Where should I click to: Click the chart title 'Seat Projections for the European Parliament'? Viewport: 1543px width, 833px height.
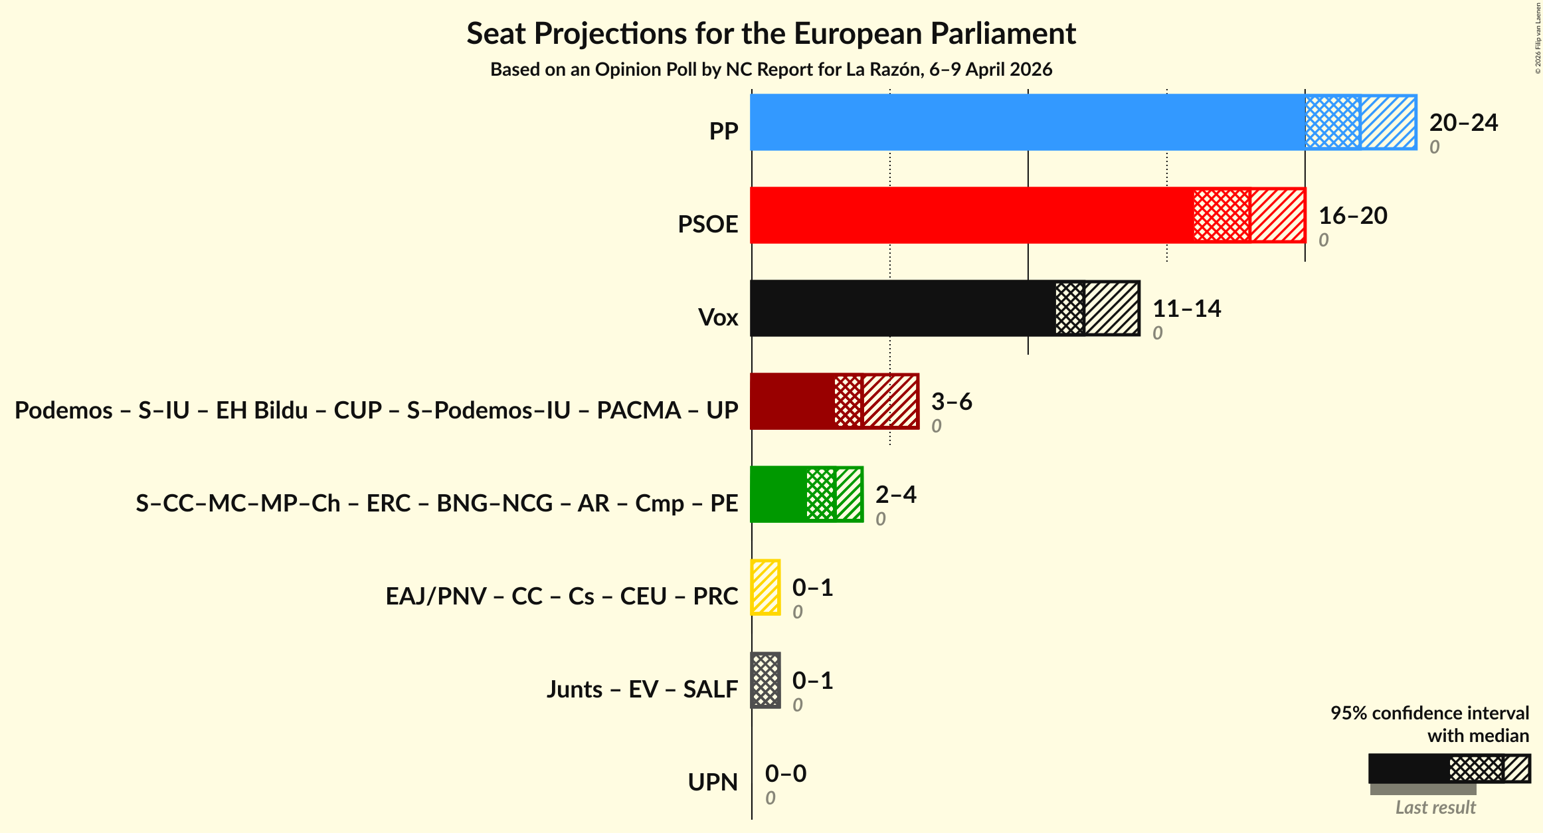(x=771, y=34)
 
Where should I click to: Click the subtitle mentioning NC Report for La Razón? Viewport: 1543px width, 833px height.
(x=771, y=70)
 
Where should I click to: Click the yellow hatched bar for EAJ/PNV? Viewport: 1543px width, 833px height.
(x=765, y=587)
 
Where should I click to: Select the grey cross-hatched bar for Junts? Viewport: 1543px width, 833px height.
(x=765, y=680)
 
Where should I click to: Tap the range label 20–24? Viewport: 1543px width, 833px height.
(x=1463, y=123)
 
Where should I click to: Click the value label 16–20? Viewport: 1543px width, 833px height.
(x=1352, y=216)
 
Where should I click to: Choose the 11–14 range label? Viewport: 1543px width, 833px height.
(x=1186, y=309)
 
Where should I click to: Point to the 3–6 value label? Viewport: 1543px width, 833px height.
(x=951, y=402)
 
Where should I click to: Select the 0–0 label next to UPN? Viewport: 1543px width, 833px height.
(x=785, y=774)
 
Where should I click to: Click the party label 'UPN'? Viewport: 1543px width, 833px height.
(x=713, y=783)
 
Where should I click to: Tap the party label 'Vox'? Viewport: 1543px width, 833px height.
(x=718, y=318)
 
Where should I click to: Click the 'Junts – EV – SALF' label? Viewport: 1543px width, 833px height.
(x=642, y=690)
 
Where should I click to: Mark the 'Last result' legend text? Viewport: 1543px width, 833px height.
(x=1435, y=808)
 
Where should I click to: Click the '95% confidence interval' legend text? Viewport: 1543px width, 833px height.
(x=1429, y=713)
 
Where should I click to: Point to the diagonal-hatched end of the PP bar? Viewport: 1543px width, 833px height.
(x=1388, y=122)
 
